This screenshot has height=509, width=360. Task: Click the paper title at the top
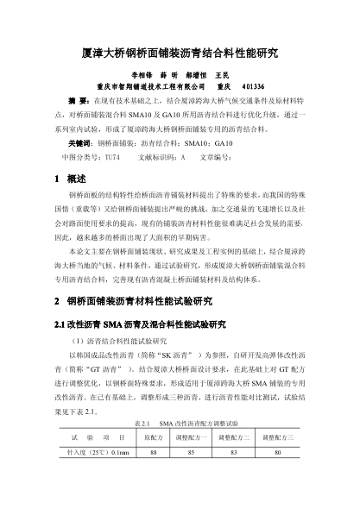(180, 53)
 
